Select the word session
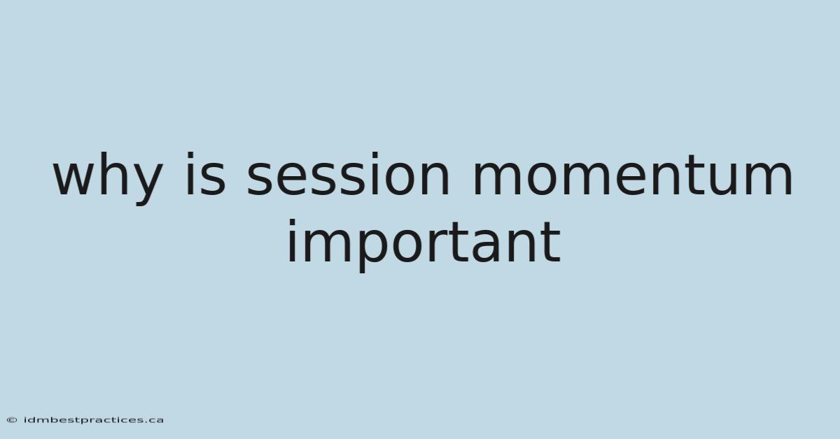point(348,174)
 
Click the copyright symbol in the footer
point(12,420)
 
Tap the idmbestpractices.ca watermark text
point(94,420)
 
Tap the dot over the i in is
point(190,155)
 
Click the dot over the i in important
point(291,222)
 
